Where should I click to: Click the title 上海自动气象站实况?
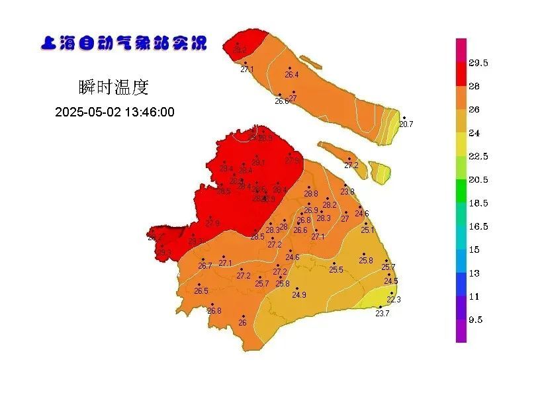pos(124,44)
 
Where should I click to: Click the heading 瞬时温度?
pos(113,87)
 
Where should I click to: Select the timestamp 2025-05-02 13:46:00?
pos(114,112)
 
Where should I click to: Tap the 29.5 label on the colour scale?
pos(478,63)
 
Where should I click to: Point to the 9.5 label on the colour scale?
pos(475,320)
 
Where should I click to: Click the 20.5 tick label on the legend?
pos(478,179)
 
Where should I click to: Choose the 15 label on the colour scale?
pos(474,249)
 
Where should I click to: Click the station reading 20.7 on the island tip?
pos(406,124)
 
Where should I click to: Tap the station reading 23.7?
pos(382,314)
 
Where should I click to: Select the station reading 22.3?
pos(393,299)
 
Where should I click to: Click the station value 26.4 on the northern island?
pos(291,75)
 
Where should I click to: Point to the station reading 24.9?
pos(298,294)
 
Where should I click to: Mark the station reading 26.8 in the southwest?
pos(214,310)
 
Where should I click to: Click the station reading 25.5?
pos(336,270)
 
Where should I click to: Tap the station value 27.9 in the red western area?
pos(212,224)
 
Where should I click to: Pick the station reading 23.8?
pos(347,192)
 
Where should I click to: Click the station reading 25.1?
pos(367,230)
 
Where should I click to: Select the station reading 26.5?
pos(201,290)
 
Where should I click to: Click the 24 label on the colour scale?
pos(474,133)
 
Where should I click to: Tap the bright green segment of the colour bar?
pos(461,191)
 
